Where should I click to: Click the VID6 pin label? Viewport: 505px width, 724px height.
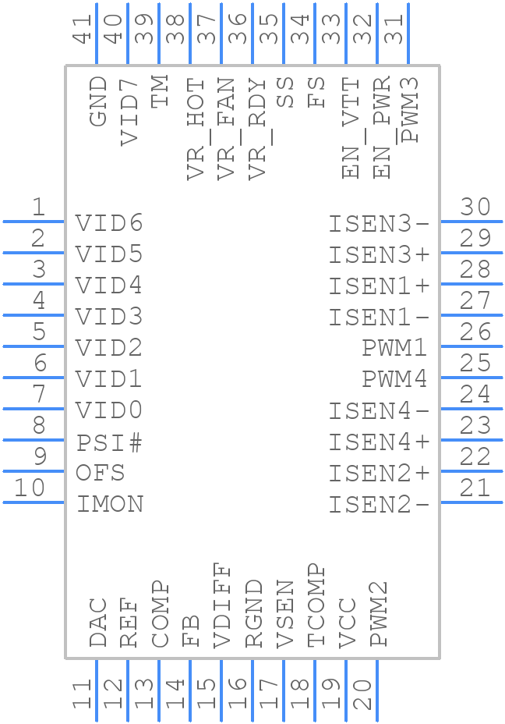(x=109, y=223)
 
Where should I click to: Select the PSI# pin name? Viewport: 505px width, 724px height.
(x=109, y=442)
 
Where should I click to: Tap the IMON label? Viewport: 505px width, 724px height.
(x=110, y=504)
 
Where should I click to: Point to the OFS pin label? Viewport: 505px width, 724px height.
(x=100, y=473)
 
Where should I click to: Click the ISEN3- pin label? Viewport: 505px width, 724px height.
(x=379, y=224)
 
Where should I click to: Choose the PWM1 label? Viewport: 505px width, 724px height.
(x=395, y=348)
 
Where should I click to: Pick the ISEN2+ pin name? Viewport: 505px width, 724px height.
(x=379, y=474)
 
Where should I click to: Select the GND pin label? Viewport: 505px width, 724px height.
(x=98, y=101)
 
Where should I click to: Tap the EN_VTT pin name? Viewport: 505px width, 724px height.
(x=351, y=128)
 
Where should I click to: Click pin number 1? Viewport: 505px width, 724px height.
(x=37, y=208)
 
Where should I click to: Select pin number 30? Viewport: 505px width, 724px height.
(x=475, y=208)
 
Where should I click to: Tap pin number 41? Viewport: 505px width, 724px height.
(x=83, y=27)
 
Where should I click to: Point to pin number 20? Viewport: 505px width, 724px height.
(x=362, y=694)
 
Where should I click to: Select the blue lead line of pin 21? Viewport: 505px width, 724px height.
(x=471, y=502)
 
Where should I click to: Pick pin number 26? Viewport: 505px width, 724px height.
(x=475, y=332)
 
